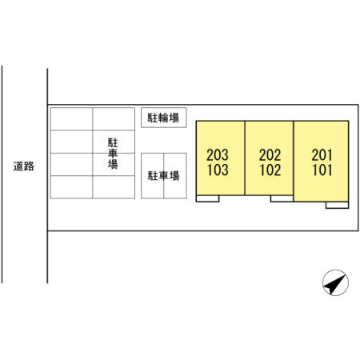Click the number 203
tap(218, 155)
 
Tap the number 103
tap(218, 170)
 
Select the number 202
tap(270, 155)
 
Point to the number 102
tap(270, 170)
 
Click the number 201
tap(322, 155)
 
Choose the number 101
tap(322, 170)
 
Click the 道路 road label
tap(24, 166)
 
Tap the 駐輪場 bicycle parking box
tap(163, 118)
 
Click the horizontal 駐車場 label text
tap(163, 176)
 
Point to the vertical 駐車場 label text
tap(113, 154)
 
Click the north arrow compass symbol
tap(335, 282)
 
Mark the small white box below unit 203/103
tap(207, 198)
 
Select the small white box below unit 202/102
tap(282, 198)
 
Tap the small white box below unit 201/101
tap(337, 205)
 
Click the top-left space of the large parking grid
tap(71, 119)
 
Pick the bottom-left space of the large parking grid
tap(71, 187)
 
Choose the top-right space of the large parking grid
tap(114, 119)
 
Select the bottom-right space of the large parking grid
tap(114, 187)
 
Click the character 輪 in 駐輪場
tap(163, 118)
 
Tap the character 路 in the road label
tap(29, 166)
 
